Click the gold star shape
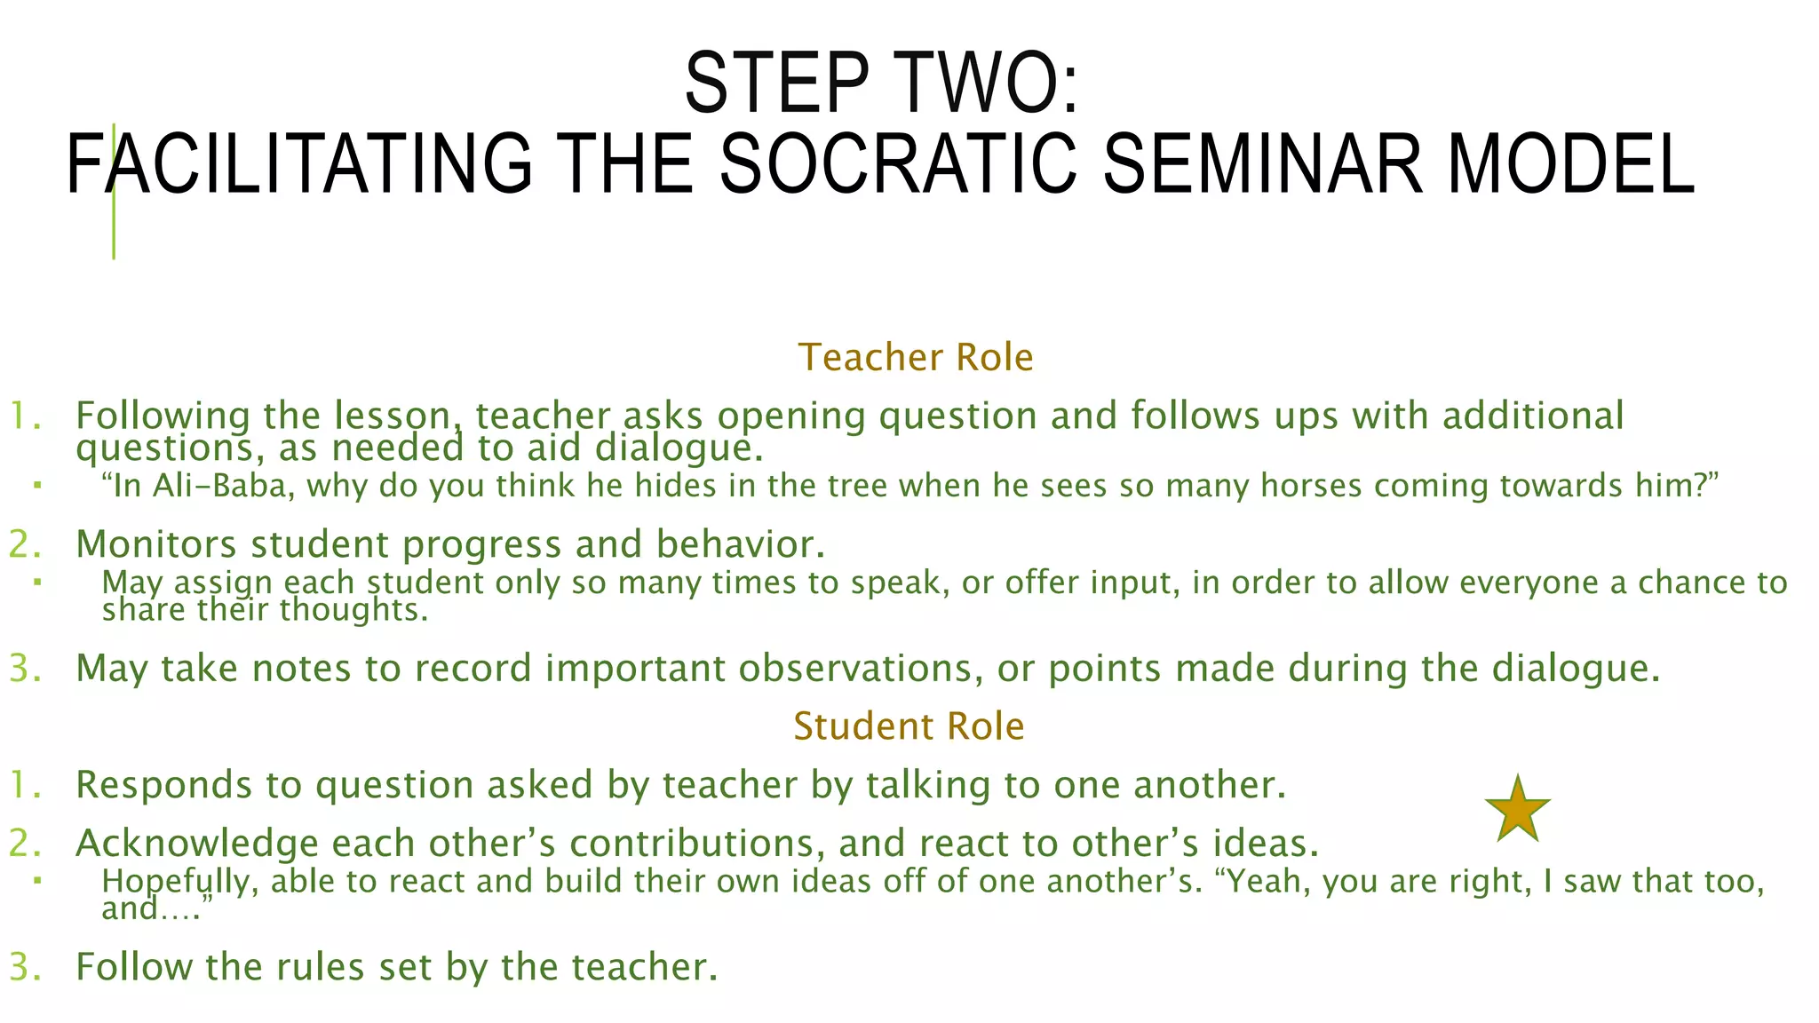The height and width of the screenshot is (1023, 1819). click(x=1517, y=810)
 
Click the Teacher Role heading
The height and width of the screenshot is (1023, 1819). click(x=916, y=358)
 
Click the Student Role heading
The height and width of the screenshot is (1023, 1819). click(x=909, y=726)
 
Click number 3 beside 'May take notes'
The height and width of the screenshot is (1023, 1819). click(x=25, y=669)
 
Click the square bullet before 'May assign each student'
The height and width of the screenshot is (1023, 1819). click(x=37, y=583)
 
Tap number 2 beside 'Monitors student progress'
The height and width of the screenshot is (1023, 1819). click(x=25, y=544)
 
